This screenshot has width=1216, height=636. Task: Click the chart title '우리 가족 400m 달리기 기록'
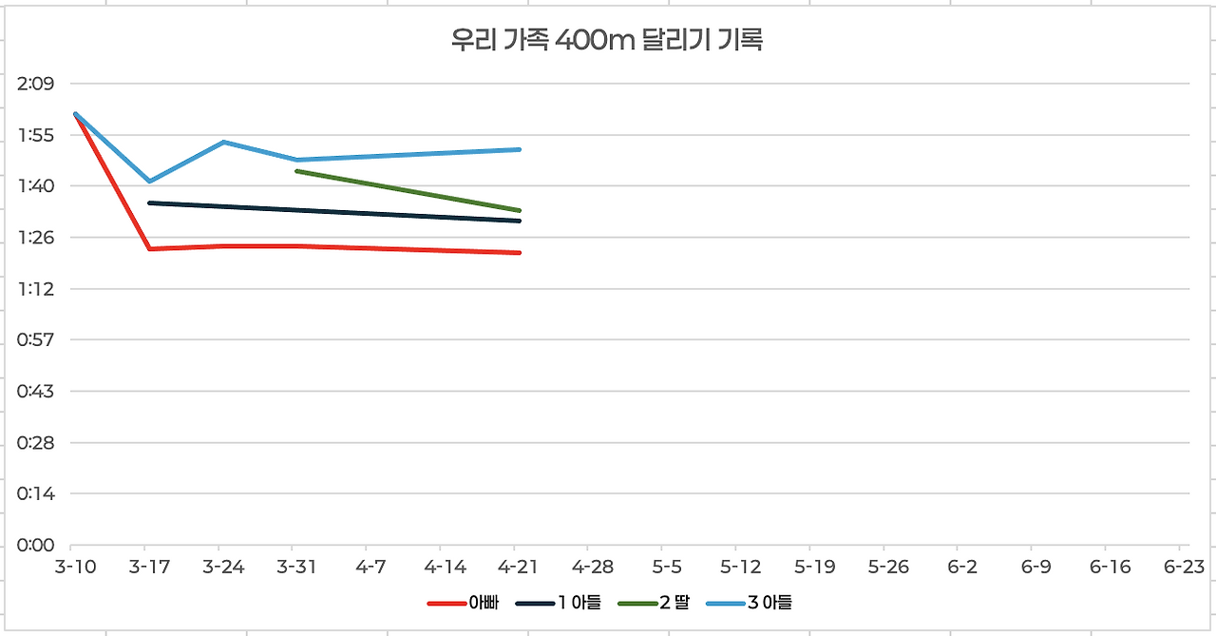[x=607, y=41]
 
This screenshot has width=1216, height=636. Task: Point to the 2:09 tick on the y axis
[x=36, y=84]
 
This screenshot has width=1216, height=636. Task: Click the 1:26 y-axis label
[x=36, y=238]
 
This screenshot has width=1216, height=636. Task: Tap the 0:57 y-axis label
[x=36, y=340]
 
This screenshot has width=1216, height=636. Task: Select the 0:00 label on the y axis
[x=36, y=546]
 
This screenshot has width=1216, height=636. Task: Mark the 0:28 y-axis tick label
[x=36, y=443]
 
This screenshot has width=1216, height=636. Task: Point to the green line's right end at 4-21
[x=520, y=210]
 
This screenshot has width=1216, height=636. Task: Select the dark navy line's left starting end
[x=150, y=202]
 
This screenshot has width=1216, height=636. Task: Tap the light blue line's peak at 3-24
[x=223, y=142]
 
